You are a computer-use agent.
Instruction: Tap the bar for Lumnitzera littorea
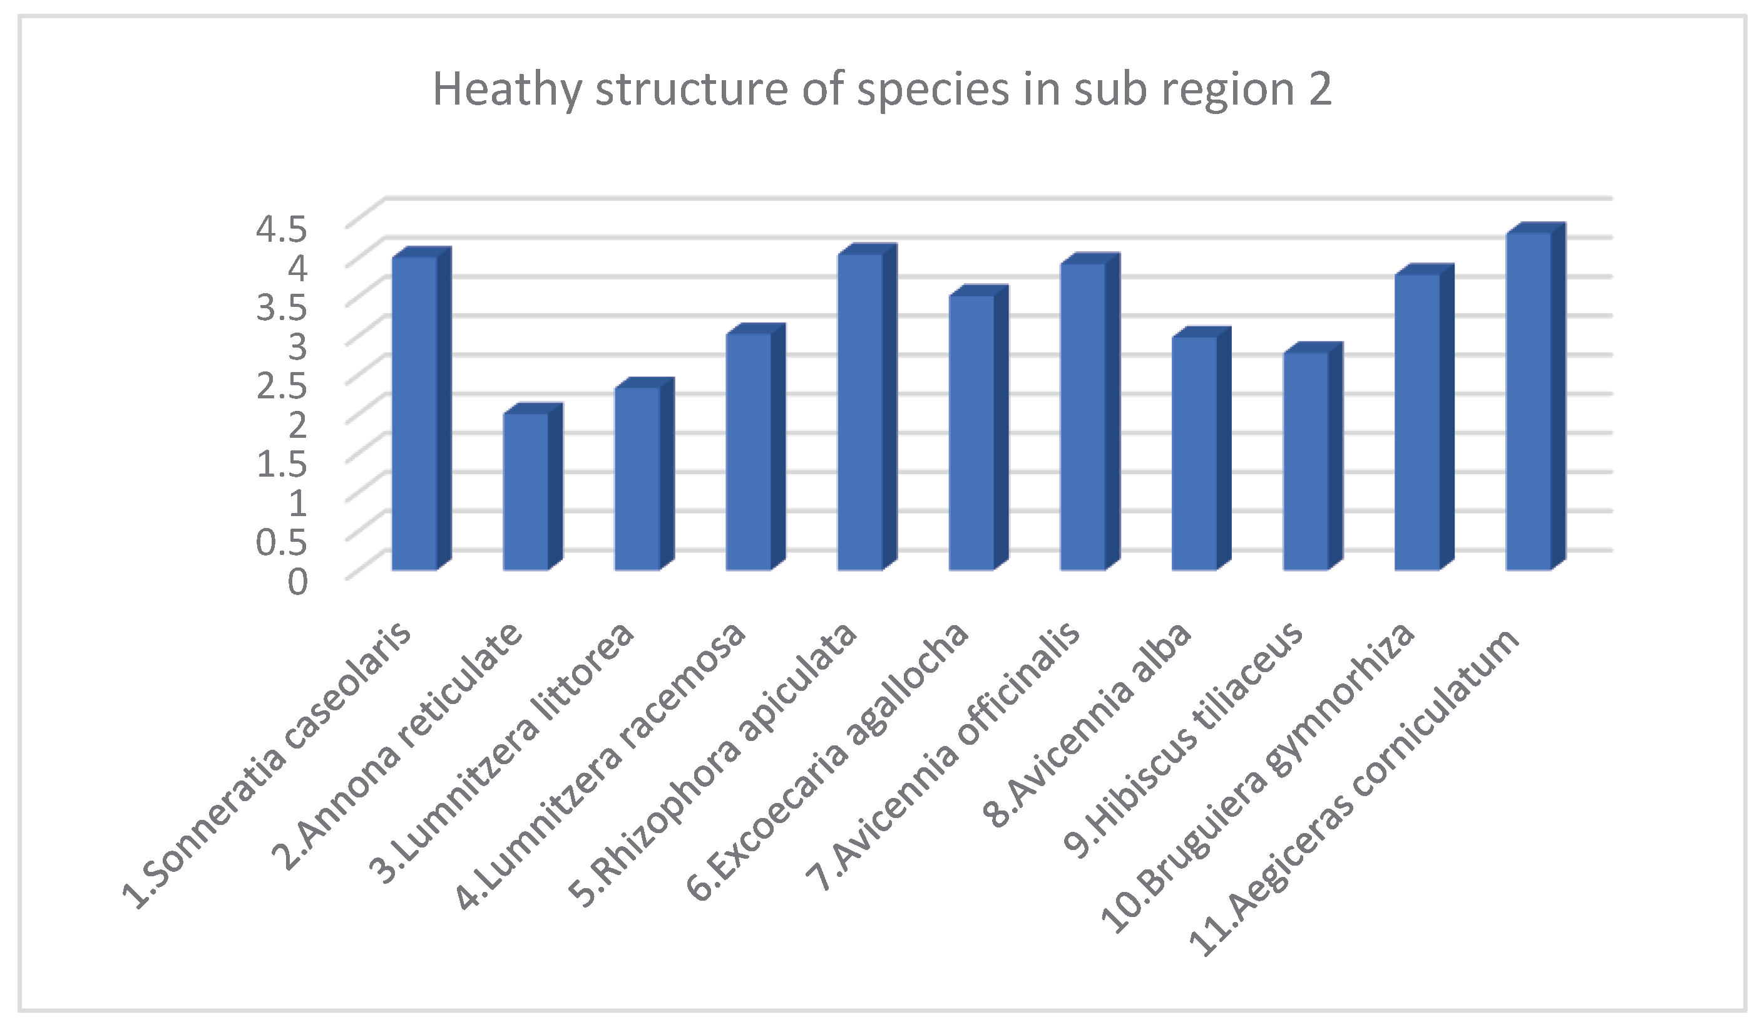637,479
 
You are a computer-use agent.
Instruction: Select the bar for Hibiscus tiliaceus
1306,461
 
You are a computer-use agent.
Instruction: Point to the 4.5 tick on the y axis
281,229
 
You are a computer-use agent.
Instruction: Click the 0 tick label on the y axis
297,582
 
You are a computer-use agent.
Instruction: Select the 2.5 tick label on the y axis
281,386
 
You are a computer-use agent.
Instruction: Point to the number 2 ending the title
1319,90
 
